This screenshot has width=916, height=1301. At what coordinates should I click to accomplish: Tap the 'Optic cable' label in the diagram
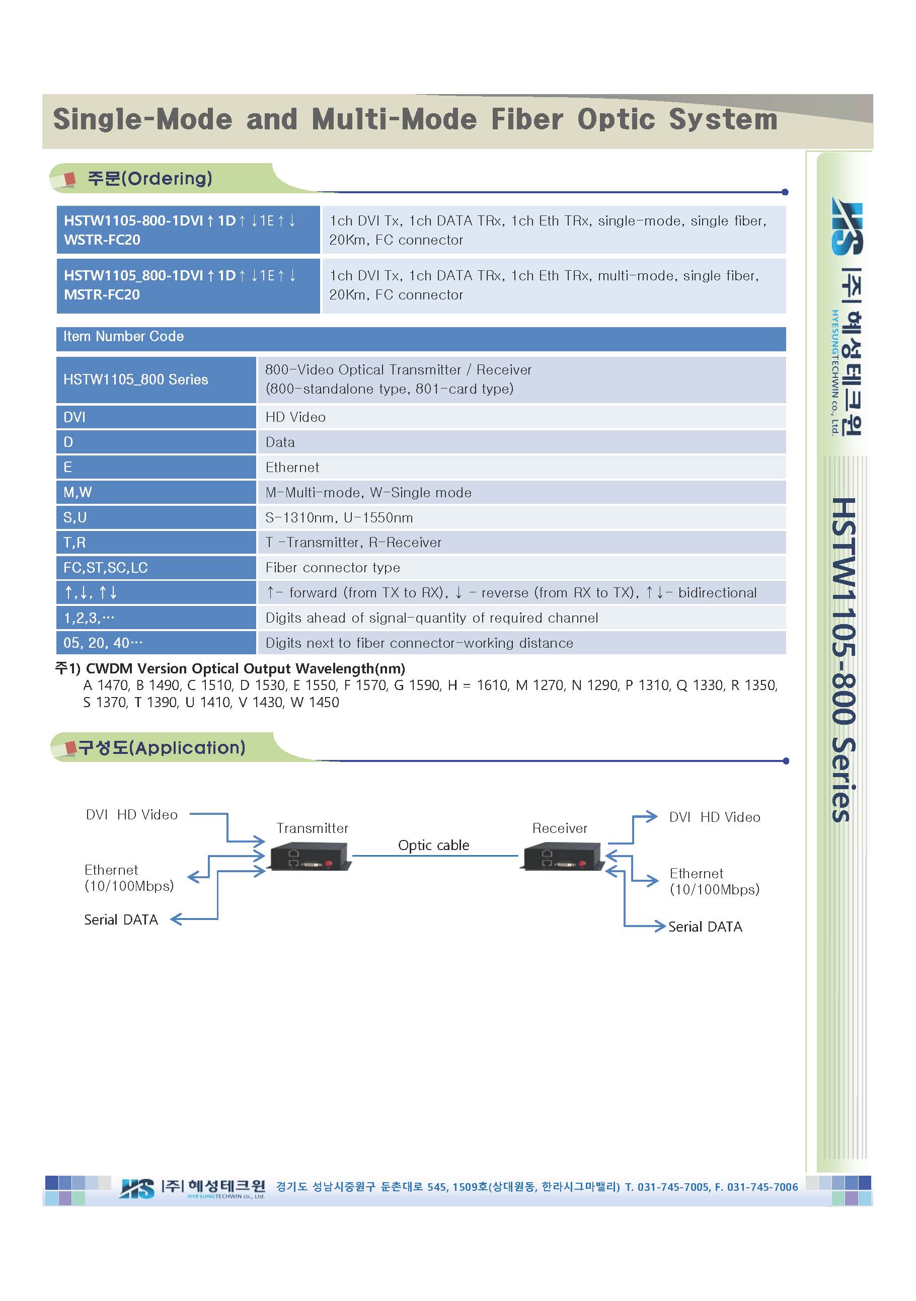433,846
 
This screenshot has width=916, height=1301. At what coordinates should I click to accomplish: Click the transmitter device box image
310,856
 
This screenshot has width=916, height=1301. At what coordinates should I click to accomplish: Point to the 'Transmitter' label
312,828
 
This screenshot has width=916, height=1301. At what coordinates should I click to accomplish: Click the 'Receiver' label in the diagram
560,828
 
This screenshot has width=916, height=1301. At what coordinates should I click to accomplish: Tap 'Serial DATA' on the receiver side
705,927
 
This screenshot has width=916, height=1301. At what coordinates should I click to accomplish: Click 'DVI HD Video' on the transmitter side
131,815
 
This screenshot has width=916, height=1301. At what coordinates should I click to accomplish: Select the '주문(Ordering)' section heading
149,179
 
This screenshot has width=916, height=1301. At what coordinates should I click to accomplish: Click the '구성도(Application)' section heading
162,747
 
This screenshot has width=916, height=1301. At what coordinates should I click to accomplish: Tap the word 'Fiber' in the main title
527,120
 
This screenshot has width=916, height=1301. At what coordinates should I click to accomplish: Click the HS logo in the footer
136,1188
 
